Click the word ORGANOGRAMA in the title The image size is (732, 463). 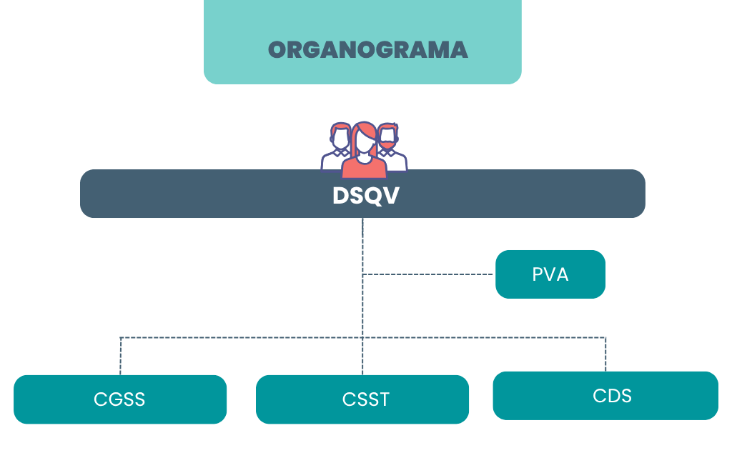[x=367, y=50]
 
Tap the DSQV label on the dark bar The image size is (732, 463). [x=365, y=195]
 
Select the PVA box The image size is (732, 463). [x=550, y=274]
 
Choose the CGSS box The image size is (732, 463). [x=119, y=399]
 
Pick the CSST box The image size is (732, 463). [x=362, y=399]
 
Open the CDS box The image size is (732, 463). [x=605, y=395]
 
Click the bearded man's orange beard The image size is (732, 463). [x=387, y=146]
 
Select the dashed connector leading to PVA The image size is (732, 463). [x=429, y=274]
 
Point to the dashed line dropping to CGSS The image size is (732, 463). [x=120, y=356]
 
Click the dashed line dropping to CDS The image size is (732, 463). [x=605, y=354]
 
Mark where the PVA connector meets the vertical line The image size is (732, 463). [x=362, y=274]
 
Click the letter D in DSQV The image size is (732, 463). [x=340, y=195]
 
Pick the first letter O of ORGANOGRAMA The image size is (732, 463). [x=277, y=50]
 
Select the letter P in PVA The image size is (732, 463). [x=538, y=274]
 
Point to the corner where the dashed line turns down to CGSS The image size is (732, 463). [x=120, y=337]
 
